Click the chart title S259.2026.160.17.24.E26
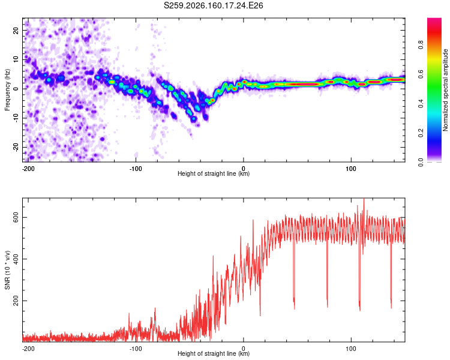point(213,5)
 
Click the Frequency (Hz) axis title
point(7,90)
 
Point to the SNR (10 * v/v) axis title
point(7,270)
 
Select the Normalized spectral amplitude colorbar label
point(445,90)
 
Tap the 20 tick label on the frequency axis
point(16,30)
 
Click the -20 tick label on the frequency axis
point(16,146)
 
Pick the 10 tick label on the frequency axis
point(16,59)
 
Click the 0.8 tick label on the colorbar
point(421,45)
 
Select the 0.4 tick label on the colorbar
point(421,104)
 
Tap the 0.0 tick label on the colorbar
point(421,162)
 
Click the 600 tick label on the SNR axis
point(16,218)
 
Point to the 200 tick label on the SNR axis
point(16,301)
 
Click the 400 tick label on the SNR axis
point(16,259)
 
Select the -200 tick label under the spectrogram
point(28,169)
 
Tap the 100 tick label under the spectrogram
point(351,169)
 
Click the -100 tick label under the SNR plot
point(136,349)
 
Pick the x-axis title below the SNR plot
point(214,353)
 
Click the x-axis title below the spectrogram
point(214,173)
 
